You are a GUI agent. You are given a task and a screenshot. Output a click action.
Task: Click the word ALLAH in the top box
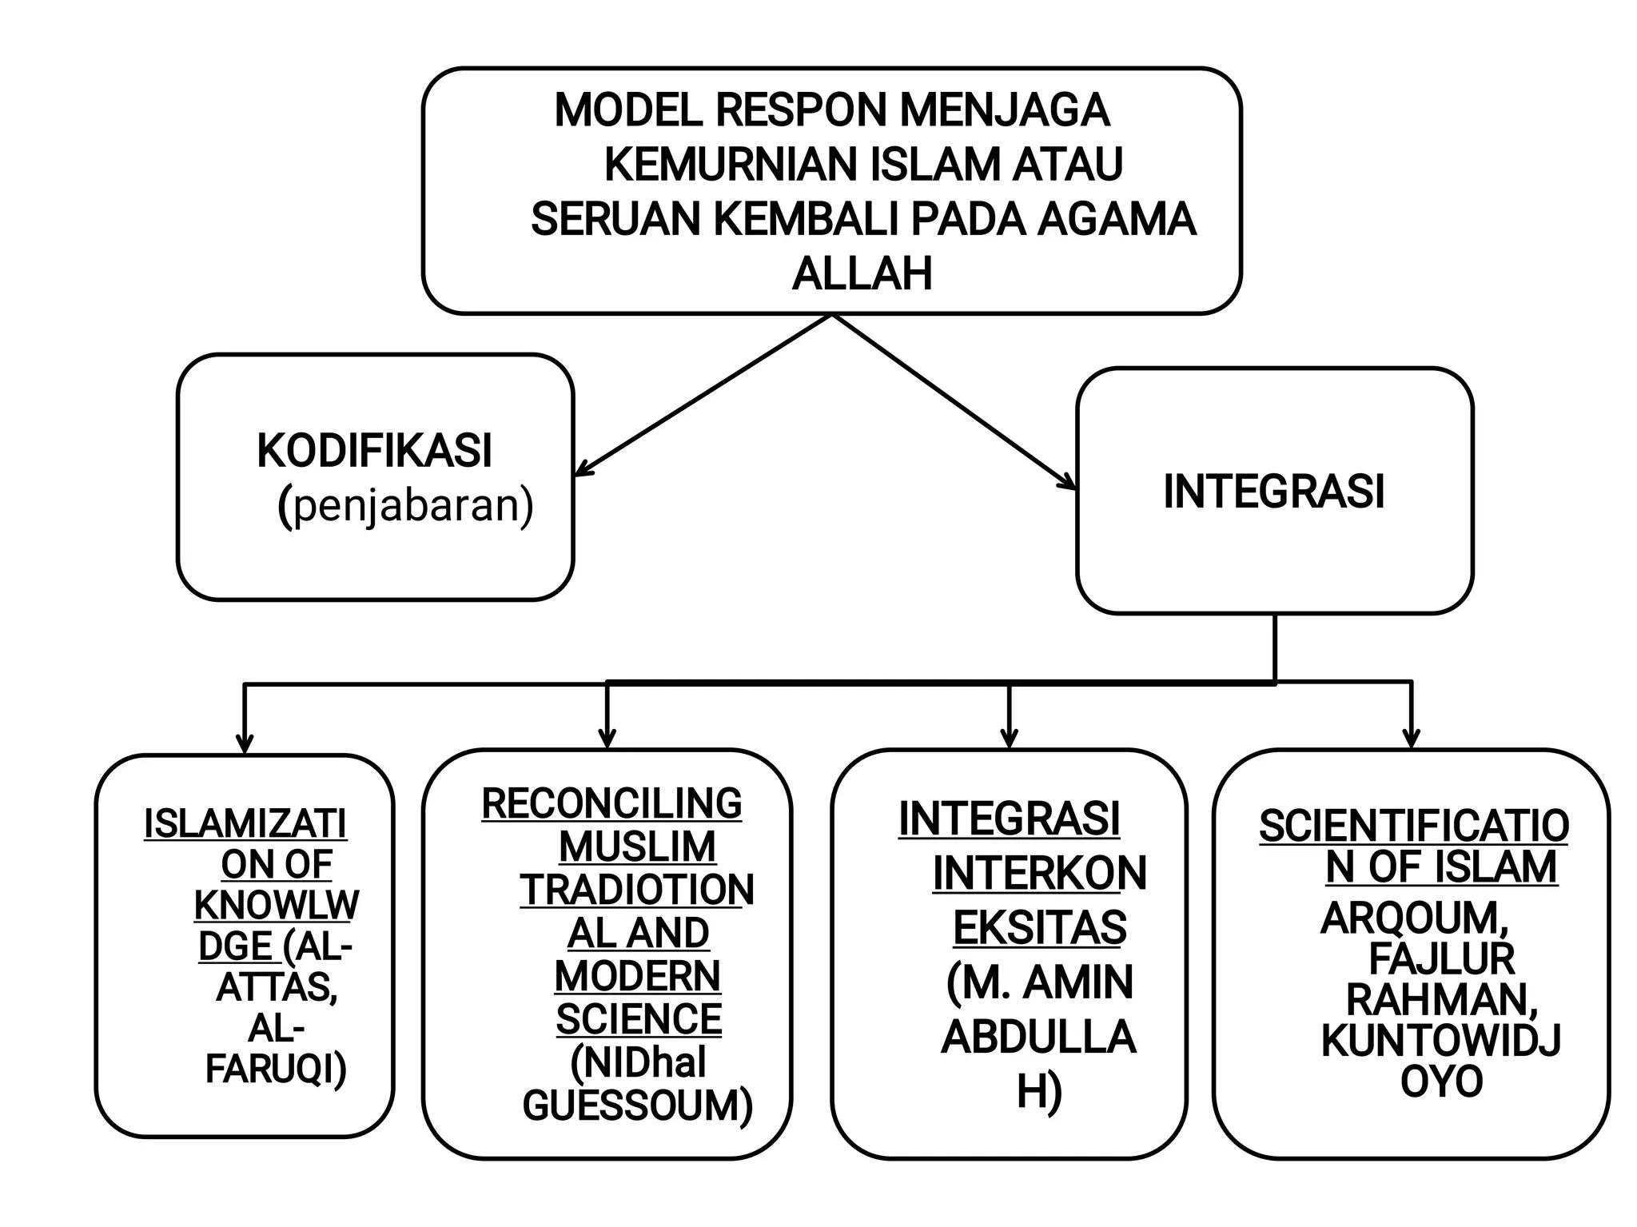[x=862, y=274]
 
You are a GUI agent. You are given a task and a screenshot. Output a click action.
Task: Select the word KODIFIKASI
[x=374, y=451]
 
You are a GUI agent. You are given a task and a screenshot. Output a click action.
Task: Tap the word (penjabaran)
[x=405, y=506]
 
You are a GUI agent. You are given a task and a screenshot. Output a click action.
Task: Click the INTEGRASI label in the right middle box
[x=1273, y=491]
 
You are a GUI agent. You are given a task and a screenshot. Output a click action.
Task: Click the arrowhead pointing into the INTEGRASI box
[x=1068, y=482]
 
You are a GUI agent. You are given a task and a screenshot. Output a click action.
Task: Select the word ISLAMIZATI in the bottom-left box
[x=245, y=824]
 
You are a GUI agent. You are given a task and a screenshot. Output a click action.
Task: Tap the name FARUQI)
[x=276, y=1070]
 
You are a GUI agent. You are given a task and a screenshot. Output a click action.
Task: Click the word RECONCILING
[x=611, y=803]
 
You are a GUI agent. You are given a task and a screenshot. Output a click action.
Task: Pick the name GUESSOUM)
[x=637, y=1106]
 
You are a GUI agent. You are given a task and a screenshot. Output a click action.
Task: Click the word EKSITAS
[x=1039, y=927]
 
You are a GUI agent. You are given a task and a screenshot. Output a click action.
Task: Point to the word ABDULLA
[x=1038, y=1037]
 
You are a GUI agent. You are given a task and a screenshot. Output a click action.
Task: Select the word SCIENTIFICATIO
[x=1413, y=826]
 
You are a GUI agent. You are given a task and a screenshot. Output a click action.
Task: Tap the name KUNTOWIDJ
[x=1440, y=1041]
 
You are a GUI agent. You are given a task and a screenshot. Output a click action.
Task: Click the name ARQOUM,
[x=1414, y=918]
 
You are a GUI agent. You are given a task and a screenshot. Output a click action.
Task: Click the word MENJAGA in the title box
[x=1005, y=110]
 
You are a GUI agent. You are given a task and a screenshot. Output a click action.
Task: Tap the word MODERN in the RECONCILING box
[x=637, y=976]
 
